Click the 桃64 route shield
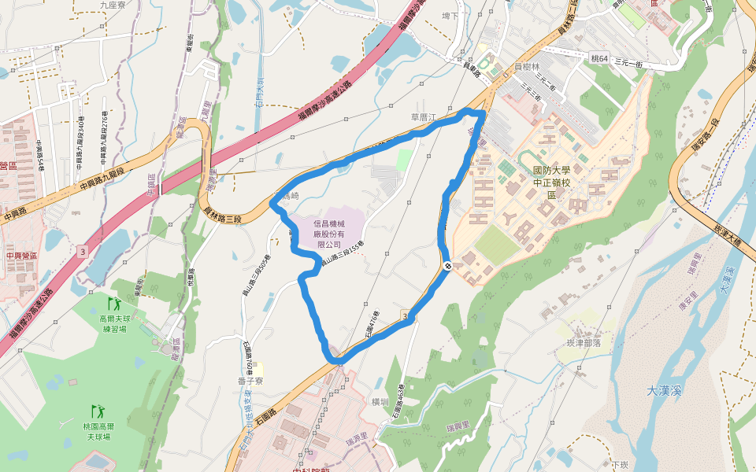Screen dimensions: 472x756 (x=599, y=58)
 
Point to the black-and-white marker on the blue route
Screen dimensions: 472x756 (x=446, y=266)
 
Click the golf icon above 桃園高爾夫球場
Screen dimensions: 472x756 (x=98, y=411)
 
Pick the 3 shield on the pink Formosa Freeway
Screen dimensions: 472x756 (x=83, y=252)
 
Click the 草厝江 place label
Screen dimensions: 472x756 (x=423, y=117)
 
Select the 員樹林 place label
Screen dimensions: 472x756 (x=526, y=68)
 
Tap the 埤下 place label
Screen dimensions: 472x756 (x=450, y=15)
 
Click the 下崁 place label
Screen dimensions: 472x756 (x=621, y=465)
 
